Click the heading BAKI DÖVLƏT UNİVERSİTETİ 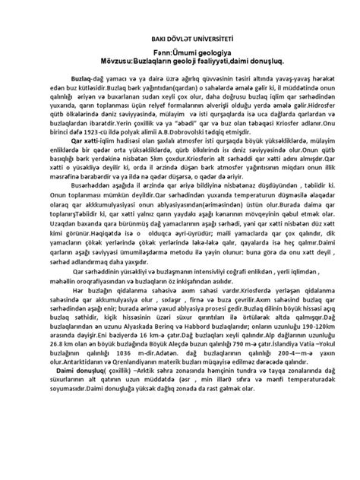pyautogui.click(x=179, y=35)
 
